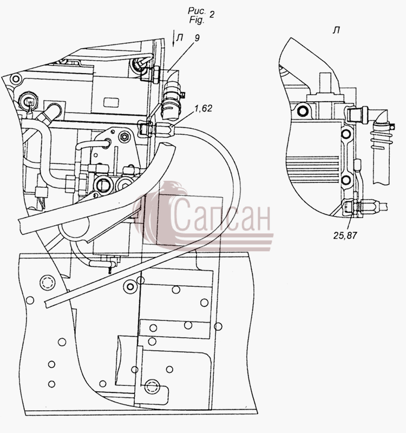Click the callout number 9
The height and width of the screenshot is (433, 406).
pos(197,38)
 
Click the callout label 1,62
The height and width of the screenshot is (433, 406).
pos(204,109)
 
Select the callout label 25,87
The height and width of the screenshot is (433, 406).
pos(345,235)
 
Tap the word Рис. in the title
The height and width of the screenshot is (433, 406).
pos(197,11)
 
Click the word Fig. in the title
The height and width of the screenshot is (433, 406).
pos(197,20)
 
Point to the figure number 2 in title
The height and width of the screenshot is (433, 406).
pos(211,15)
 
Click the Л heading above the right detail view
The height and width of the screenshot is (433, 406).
pos(336,30)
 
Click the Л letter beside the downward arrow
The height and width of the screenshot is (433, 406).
pos(180,37)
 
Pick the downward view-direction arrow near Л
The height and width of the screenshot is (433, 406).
pos(173,38)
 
